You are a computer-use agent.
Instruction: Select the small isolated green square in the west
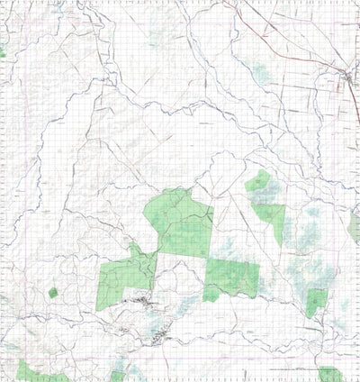[53, 293]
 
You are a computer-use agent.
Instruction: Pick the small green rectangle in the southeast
[314, 303]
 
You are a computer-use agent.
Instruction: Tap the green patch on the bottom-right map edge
[329, 374]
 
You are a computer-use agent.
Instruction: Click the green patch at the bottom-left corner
[27, 370]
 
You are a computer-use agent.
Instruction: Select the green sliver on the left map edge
[3, 53]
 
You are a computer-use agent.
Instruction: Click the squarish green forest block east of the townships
[231, 279]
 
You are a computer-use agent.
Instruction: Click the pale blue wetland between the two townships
[166, 320]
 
